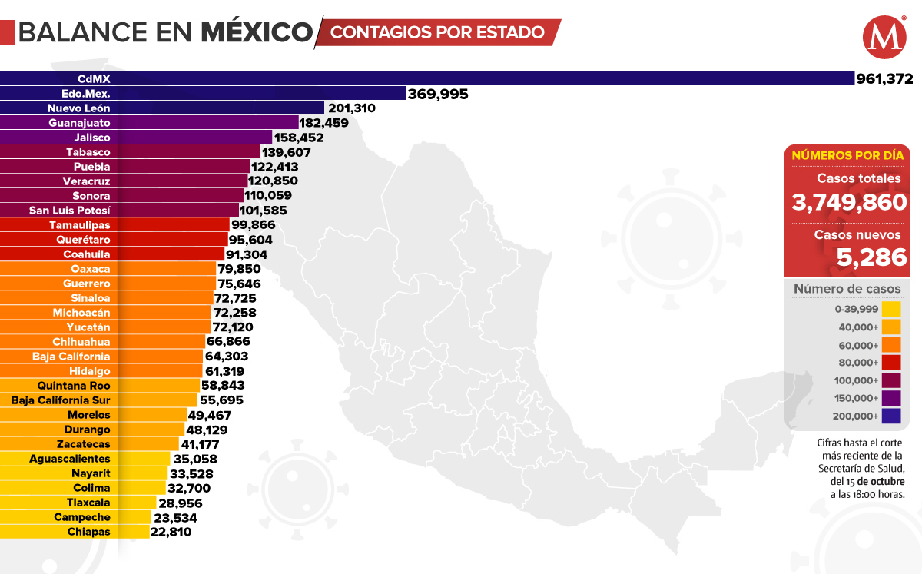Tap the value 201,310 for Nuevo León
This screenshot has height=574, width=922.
pos(351,108)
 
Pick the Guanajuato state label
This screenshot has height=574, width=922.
pos(79,122)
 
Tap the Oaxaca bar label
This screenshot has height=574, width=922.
pos(90,269)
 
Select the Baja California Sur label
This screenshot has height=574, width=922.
pos(61,400)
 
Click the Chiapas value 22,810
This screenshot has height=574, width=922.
pos(171,532)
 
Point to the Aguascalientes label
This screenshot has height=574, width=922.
pos(69,459)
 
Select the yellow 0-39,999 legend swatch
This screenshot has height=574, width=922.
pos(890,309)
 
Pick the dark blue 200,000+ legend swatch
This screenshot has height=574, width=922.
pos(890,416)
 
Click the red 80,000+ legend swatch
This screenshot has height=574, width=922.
pos(890,363)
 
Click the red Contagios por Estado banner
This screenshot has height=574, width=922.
pos(438,32)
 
